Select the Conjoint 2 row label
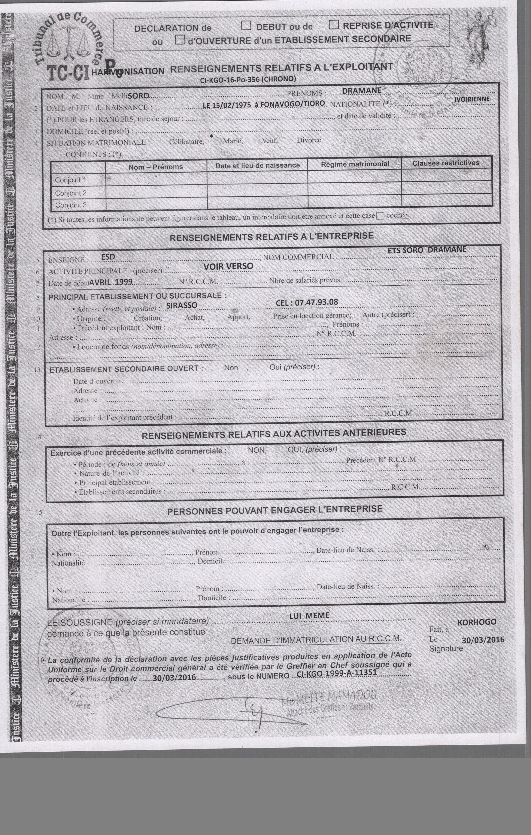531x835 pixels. click(71, 193)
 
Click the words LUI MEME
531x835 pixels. click(309, 615)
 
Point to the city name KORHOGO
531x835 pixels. click(477, 622)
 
